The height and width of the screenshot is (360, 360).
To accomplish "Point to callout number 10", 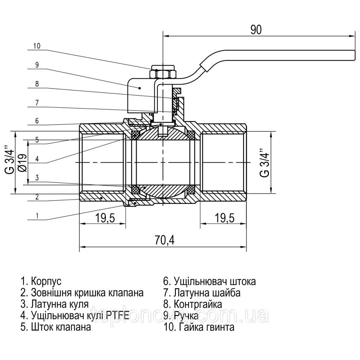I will click(37, 46).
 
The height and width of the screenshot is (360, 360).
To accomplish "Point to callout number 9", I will click(37, 65).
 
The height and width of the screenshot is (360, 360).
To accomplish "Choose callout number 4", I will click(37, 159).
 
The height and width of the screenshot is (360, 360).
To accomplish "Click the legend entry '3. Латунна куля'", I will click(55, 304).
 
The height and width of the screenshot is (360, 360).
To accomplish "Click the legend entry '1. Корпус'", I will click(41, 281).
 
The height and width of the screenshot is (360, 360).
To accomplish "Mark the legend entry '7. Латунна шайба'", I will click(202, 292).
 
